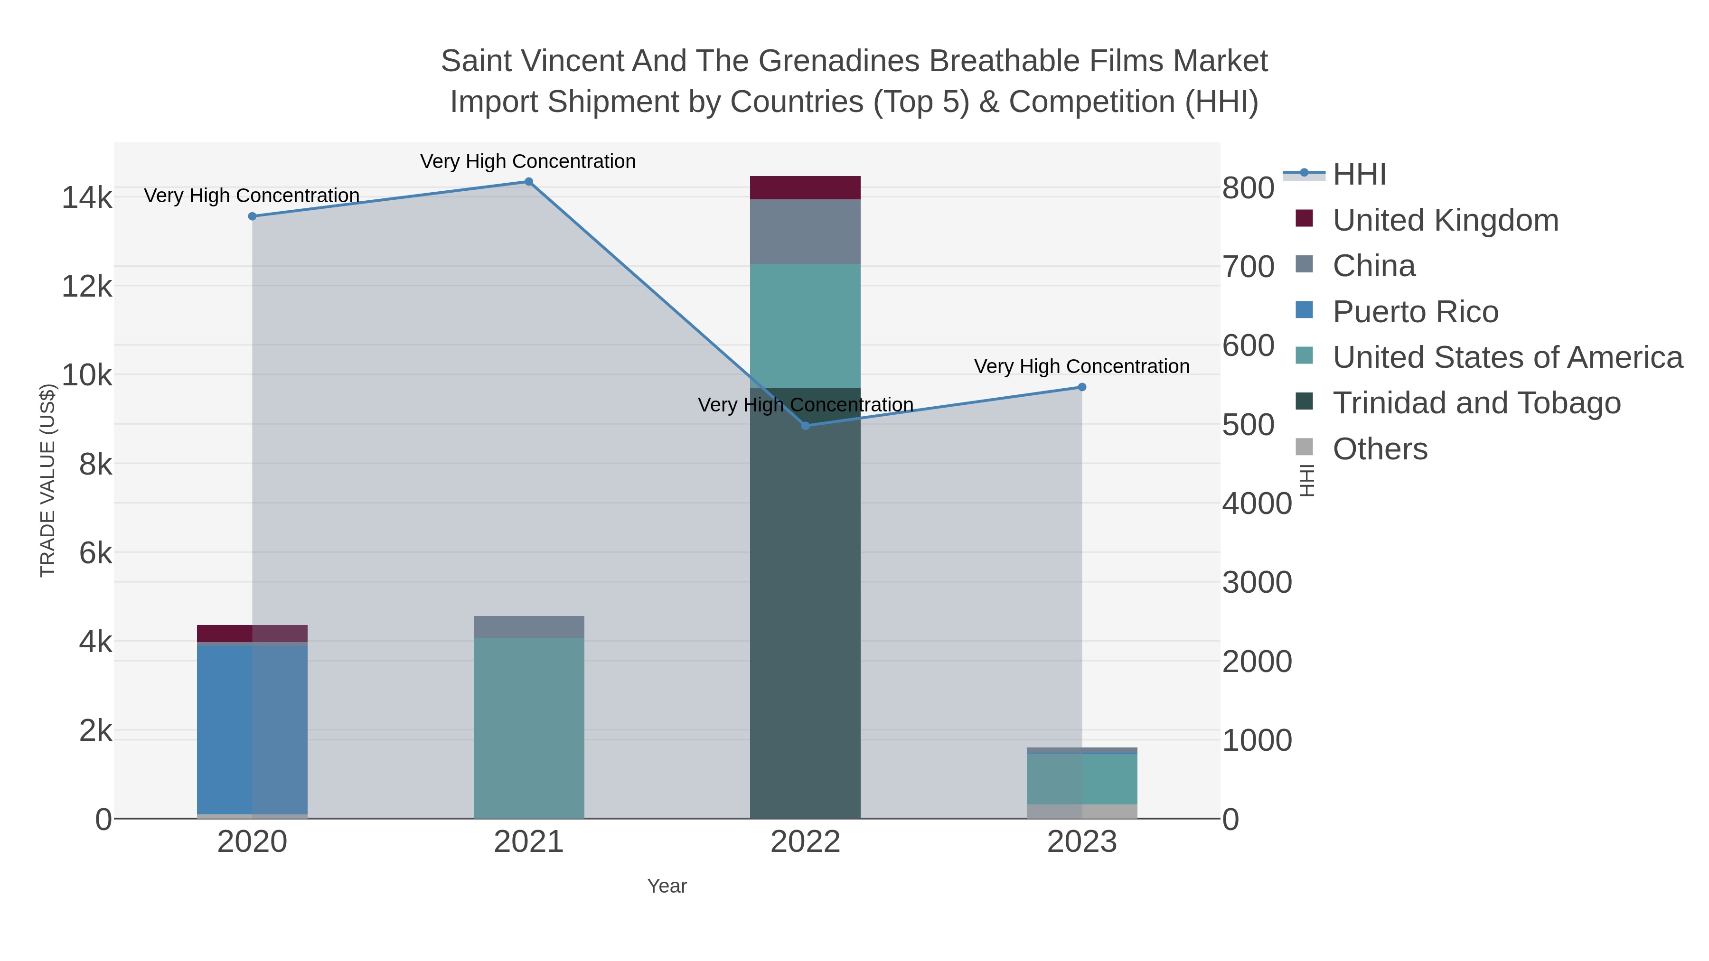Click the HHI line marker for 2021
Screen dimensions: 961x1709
tap(529, 182)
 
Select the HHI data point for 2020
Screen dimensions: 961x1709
tap(252, 216)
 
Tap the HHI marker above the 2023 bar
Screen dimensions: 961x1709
tap(1082, 387)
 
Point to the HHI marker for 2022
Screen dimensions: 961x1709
tap(806, 426)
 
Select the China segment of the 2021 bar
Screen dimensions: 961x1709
tap(529, 627)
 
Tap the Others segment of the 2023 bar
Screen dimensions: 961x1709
tap(1082, 811)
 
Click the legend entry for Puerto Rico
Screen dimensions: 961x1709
tap(1415, 312)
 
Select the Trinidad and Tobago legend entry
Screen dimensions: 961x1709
tap(1476, 403)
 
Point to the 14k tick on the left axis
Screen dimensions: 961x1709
tap(87, 197)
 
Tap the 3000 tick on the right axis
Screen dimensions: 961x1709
tap(1257, 582)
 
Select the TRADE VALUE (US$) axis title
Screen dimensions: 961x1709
tap(48, 480)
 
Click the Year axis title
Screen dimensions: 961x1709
tap(667, 886)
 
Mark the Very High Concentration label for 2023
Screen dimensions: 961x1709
tap(1081, 367)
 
